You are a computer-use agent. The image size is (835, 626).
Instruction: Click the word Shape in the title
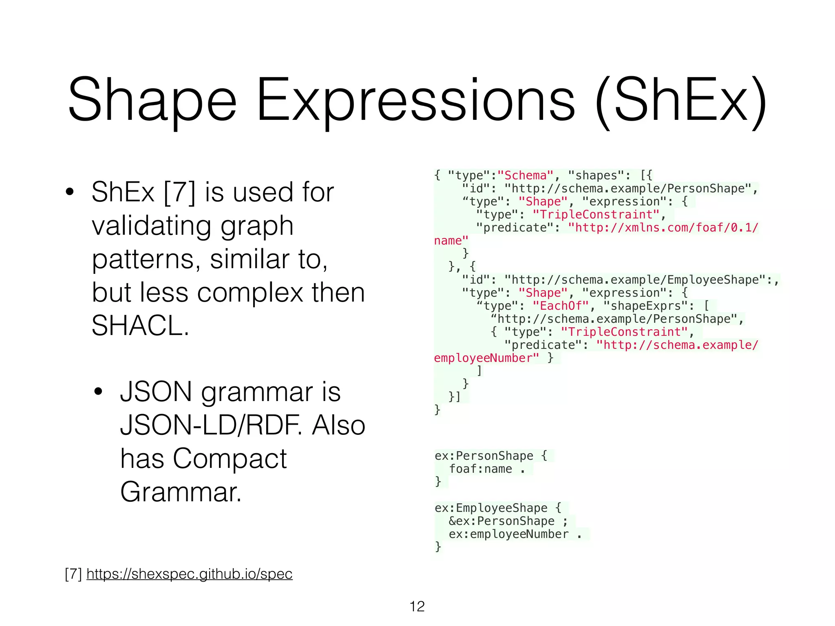pos(152,101)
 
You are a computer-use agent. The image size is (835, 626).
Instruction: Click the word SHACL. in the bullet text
pos(141,326)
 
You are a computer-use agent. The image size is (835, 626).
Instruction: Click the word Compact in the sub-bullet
pos(230,458)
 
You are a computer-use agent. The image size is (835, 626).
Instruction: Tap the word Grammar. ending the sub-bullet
pos(181,492)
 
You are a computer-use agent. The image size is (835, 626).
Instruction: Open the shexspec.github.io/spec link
pos(189,574)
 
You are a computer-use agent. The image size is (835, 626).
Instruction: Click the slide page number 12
pos(417,606)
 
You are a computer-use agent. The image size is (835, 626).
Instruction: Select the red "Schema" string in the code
pos(526,175)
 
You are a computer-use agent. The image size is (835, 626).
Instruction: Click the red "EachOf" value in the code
pos(561,306)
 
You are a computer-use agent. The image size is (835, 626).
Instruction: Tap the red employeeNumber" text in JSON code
pos(486,358)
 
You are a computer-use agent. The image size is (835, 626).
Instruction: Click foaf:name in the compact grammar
pos(480,469)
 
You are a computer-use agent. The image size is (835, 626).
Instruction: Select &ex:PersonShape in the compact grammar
pos(501,521)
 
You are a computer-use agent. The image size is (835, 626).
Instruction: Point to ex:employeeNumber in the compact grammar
pos(508,534)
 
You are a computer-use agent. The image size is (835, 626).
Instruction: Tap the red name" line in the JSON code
pos(451,240)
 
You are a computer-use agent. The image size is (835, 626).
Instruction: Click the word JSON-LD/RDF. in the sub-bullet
pos(212,425)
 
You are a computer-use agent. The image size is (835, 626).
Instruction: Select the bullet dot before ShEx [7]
pos(70,192)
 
